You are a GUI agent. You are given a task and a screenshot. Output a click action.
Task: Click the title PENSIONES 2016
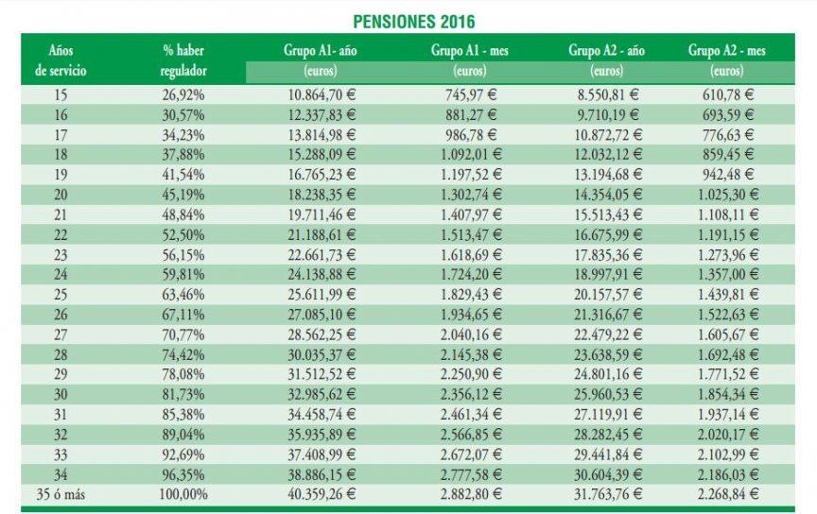pos(413,20)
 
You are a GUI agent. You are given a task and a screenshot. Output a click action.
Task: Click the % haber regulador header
pos(183,60)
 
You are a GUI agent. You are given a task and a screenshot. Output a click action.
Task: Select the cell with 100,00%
pos(183,492)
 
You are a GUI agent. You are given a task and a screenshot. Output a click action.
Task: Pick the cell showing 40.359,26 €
pos(322,492)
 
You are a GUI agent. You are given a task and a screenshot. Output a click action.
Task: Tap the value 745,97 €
pos(470,94)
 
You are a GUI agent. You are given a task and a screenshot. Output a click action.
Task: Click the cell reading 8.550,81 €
pos(608,94)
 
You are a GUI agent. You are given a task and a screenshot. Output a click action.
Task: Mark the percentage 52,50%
pos(183,233)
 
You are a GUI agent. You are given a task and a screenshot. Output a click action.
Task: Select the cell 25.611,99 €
pos(322,293)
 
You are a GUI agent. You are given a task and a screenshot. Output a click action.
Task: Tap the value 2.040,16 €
pos(470,334)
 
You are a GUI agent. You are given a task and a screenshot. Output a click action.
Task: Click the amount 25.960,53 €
pos(608,393)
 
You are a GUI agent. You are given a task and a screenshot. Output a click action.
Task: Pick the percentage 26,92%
pos(183,94)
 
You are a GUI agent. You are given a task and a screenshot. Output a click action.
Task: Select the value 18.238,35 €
pos(322,194)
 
